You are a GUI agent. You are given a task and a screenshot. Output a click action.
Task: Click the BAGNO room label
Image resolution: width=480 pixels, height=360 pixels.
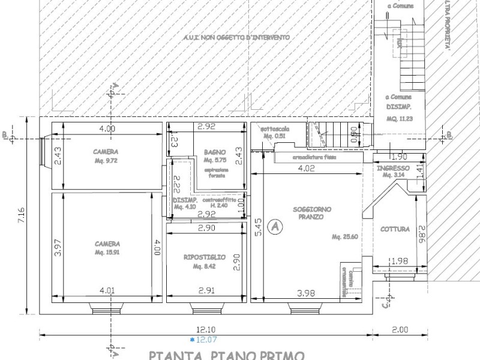(214, 152)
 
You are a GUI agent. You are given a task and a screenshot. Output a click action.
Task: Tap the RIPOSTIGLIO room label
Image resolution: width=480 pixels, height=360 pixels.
(205, 257)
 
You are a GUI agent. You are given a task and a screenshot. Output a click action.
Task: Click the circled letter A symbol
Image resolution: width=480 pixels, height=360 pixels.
(274, 227)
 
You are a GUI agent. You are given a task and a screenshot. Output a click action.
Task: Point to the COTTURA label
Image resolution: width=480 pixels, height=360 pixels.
(395, 229)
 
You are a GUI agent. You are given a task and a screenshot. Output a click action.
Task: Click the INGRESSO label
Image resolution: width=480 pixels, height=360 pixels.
(393, 168)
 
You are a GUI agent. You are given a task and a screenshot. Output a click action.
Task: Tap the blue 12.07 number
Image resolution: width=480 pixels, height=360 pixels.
(207, 340)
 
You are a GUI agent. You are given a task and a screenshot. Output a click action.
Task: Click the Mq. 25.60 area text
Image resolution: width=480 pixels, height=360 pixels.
(344, 237)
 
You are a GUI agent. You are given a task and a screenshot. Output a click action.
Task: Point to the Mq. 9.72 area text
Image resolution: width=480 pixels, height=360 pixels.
(106, 161)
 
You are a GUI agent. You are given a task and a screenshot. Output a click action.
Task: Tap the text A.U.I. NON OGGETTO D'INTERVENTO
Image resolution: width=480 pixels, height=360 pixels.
(236, 37)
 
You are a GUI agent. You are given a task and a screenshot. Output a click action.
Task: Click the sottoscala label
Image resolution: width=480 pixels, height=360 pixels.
(273, 130)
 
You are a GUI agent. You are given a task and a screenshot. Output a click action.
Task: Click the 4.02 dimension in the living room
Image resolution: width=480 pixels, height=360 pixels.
(306, 169)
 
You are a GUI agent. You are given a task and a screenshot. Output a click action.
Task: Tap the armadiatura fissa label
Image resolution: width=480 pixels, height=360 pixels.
(314, 157)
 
